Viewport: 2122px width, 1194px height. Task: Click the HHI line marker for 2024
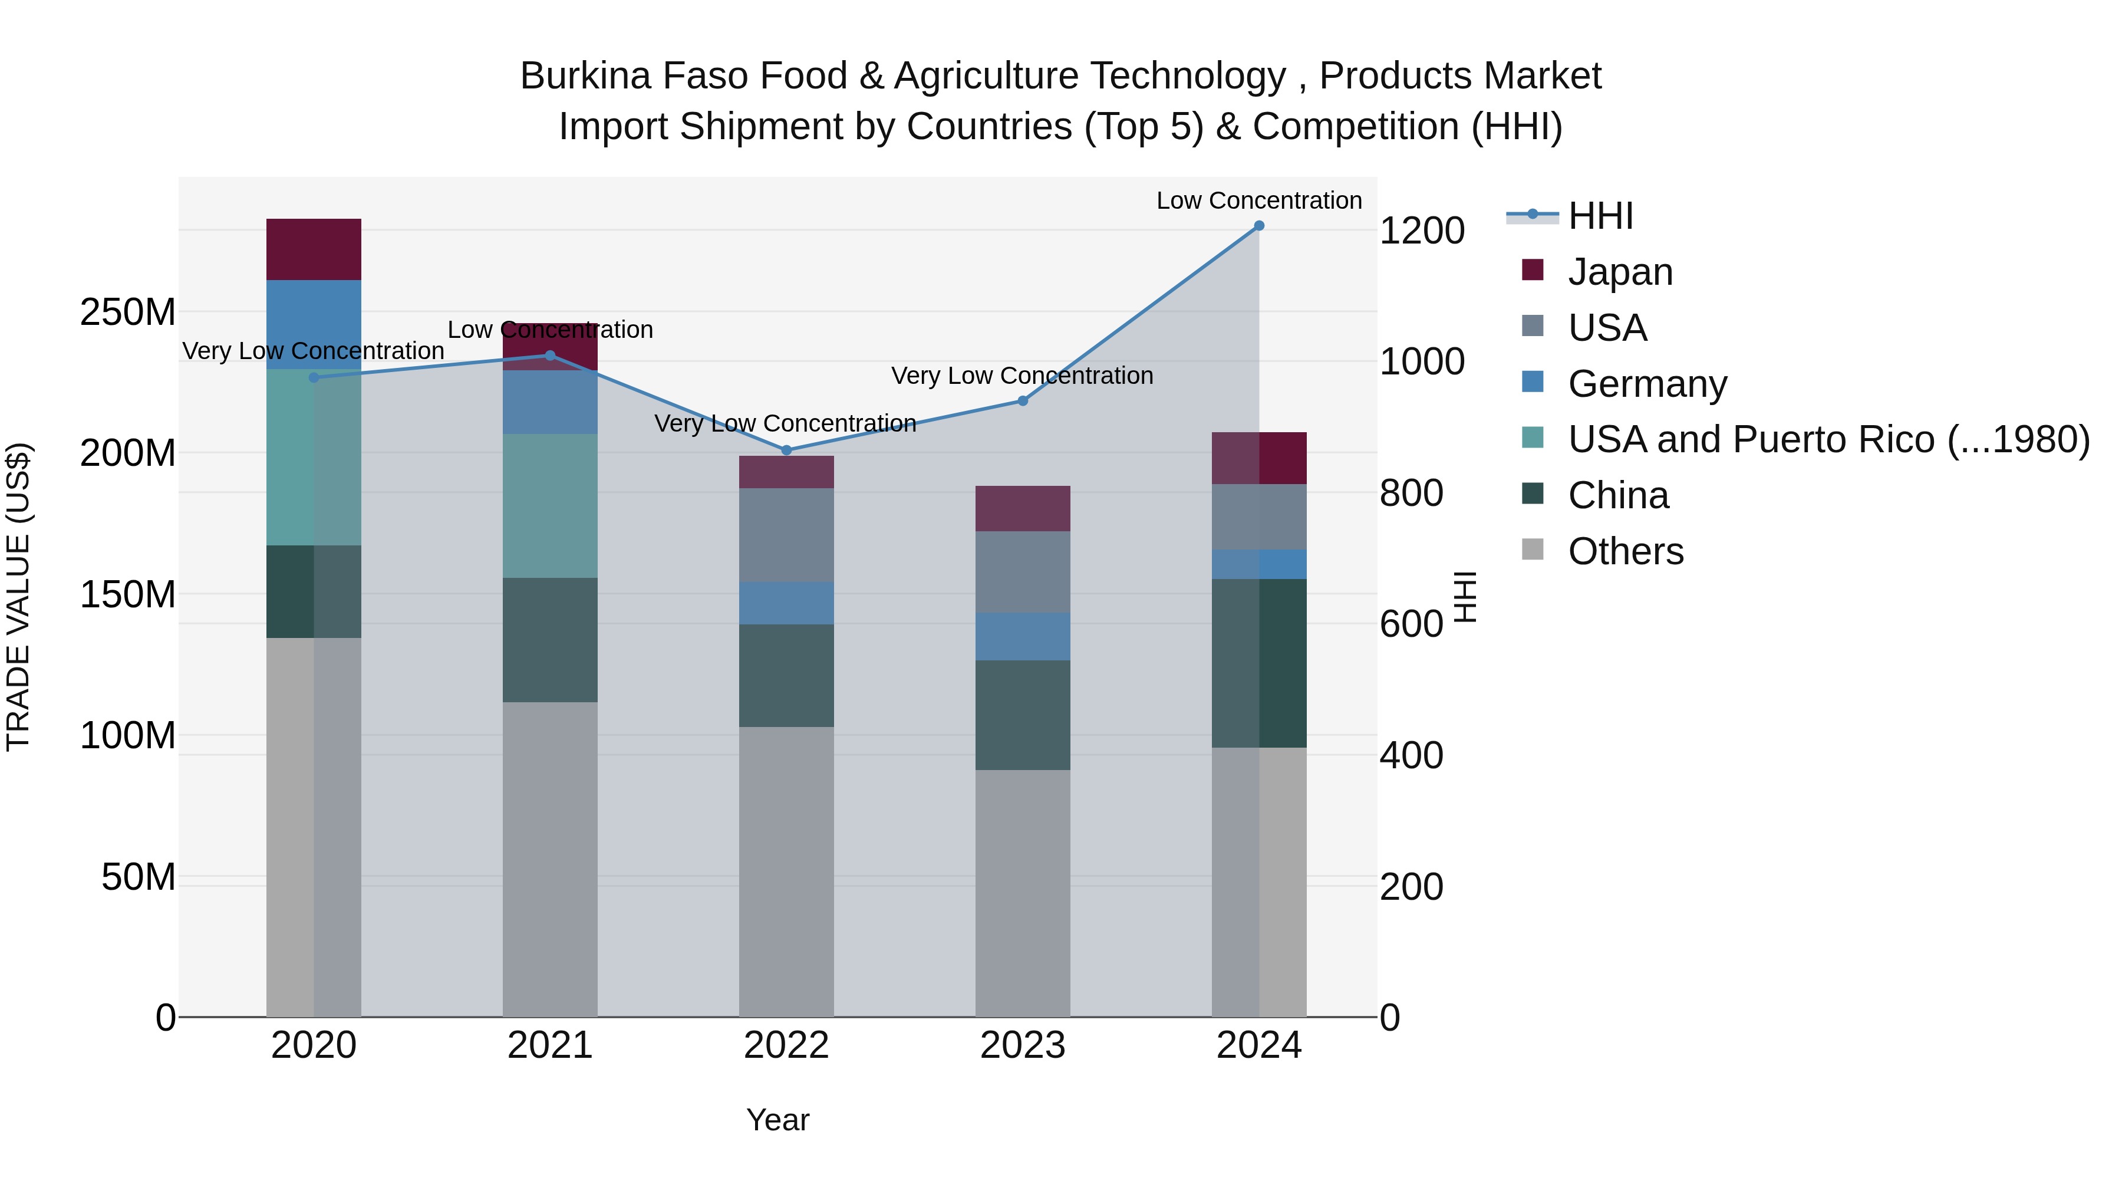(x=1258, y=226)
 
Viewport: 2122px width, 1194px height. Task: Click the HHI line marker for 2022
(x=786, y=450)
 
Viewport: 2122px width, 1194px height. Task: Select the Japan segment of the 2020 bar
(x=314, y=249)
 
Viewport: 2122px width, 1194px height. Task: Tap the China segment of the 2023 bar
(x=1022, y=715)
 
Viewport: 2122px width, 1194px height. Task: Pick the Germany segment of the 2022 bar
(x=786, y=603)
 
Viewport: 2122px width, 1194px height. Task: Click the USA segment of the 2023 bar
(x=1022, y=572)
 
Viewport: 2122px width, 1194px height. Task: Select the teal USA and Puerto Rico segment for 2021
(x=549, y=506)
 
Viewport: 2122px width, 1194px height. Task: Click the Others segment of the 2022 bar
(x=786, y=872)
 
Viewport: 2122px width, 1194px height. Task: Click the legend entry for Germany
(x=1647, y=384)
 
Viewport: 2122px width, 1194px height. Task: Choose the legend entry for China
(x=1618, y=496)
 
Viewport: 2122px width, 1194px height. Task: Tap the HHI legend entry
(x=1600, y=216)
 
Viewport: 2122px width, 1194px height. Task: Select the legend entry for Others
(x=1625, y=552)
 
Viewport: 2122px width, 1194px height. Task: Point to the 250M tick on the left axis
(x=128, y=313)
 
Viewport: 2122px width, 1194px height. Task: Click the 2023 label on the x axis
(x=1022, y=1045)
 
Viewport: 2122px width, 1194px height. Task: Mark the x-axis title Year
(x=777, y=1120)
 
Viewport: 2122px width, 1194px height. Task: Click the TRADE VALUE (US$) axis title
(x=18, y=597)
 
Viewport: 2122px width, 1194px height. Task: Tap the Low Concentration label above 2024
(x=1258, y=200)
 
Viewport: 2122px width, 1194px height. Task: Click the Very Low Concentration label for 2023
(x=1022, y=376)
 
